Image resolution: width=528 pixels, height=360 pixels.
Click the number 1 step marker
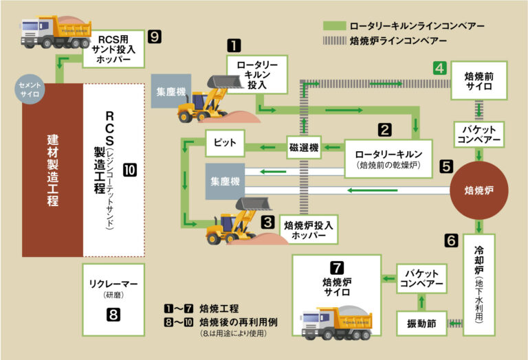pyautogui.click(x=234, y=46)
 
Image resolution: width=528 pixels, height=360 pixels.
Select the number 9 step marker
pyautogui.click(x=155, y=36)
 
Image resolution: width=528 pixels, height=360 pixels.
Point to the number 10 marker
pyautogui.click(x=130, y=168)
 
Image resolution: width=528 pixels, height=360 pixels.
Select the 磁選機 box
pyautogui.click(x=305, y=146)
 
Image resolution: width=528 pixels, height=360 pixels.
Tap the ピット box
pyautogui.click(x=225, y=143)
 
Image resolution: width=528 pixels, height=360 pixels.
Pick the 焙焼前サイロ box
pyautogui.click(x=480, y=80)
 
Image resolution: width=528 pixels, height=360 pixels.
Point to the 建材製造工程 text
pyautogui.click(x=52, y=169)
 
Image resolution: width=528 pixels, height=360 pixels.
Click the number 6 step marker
pyautogui.click(x=451, y=241)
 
